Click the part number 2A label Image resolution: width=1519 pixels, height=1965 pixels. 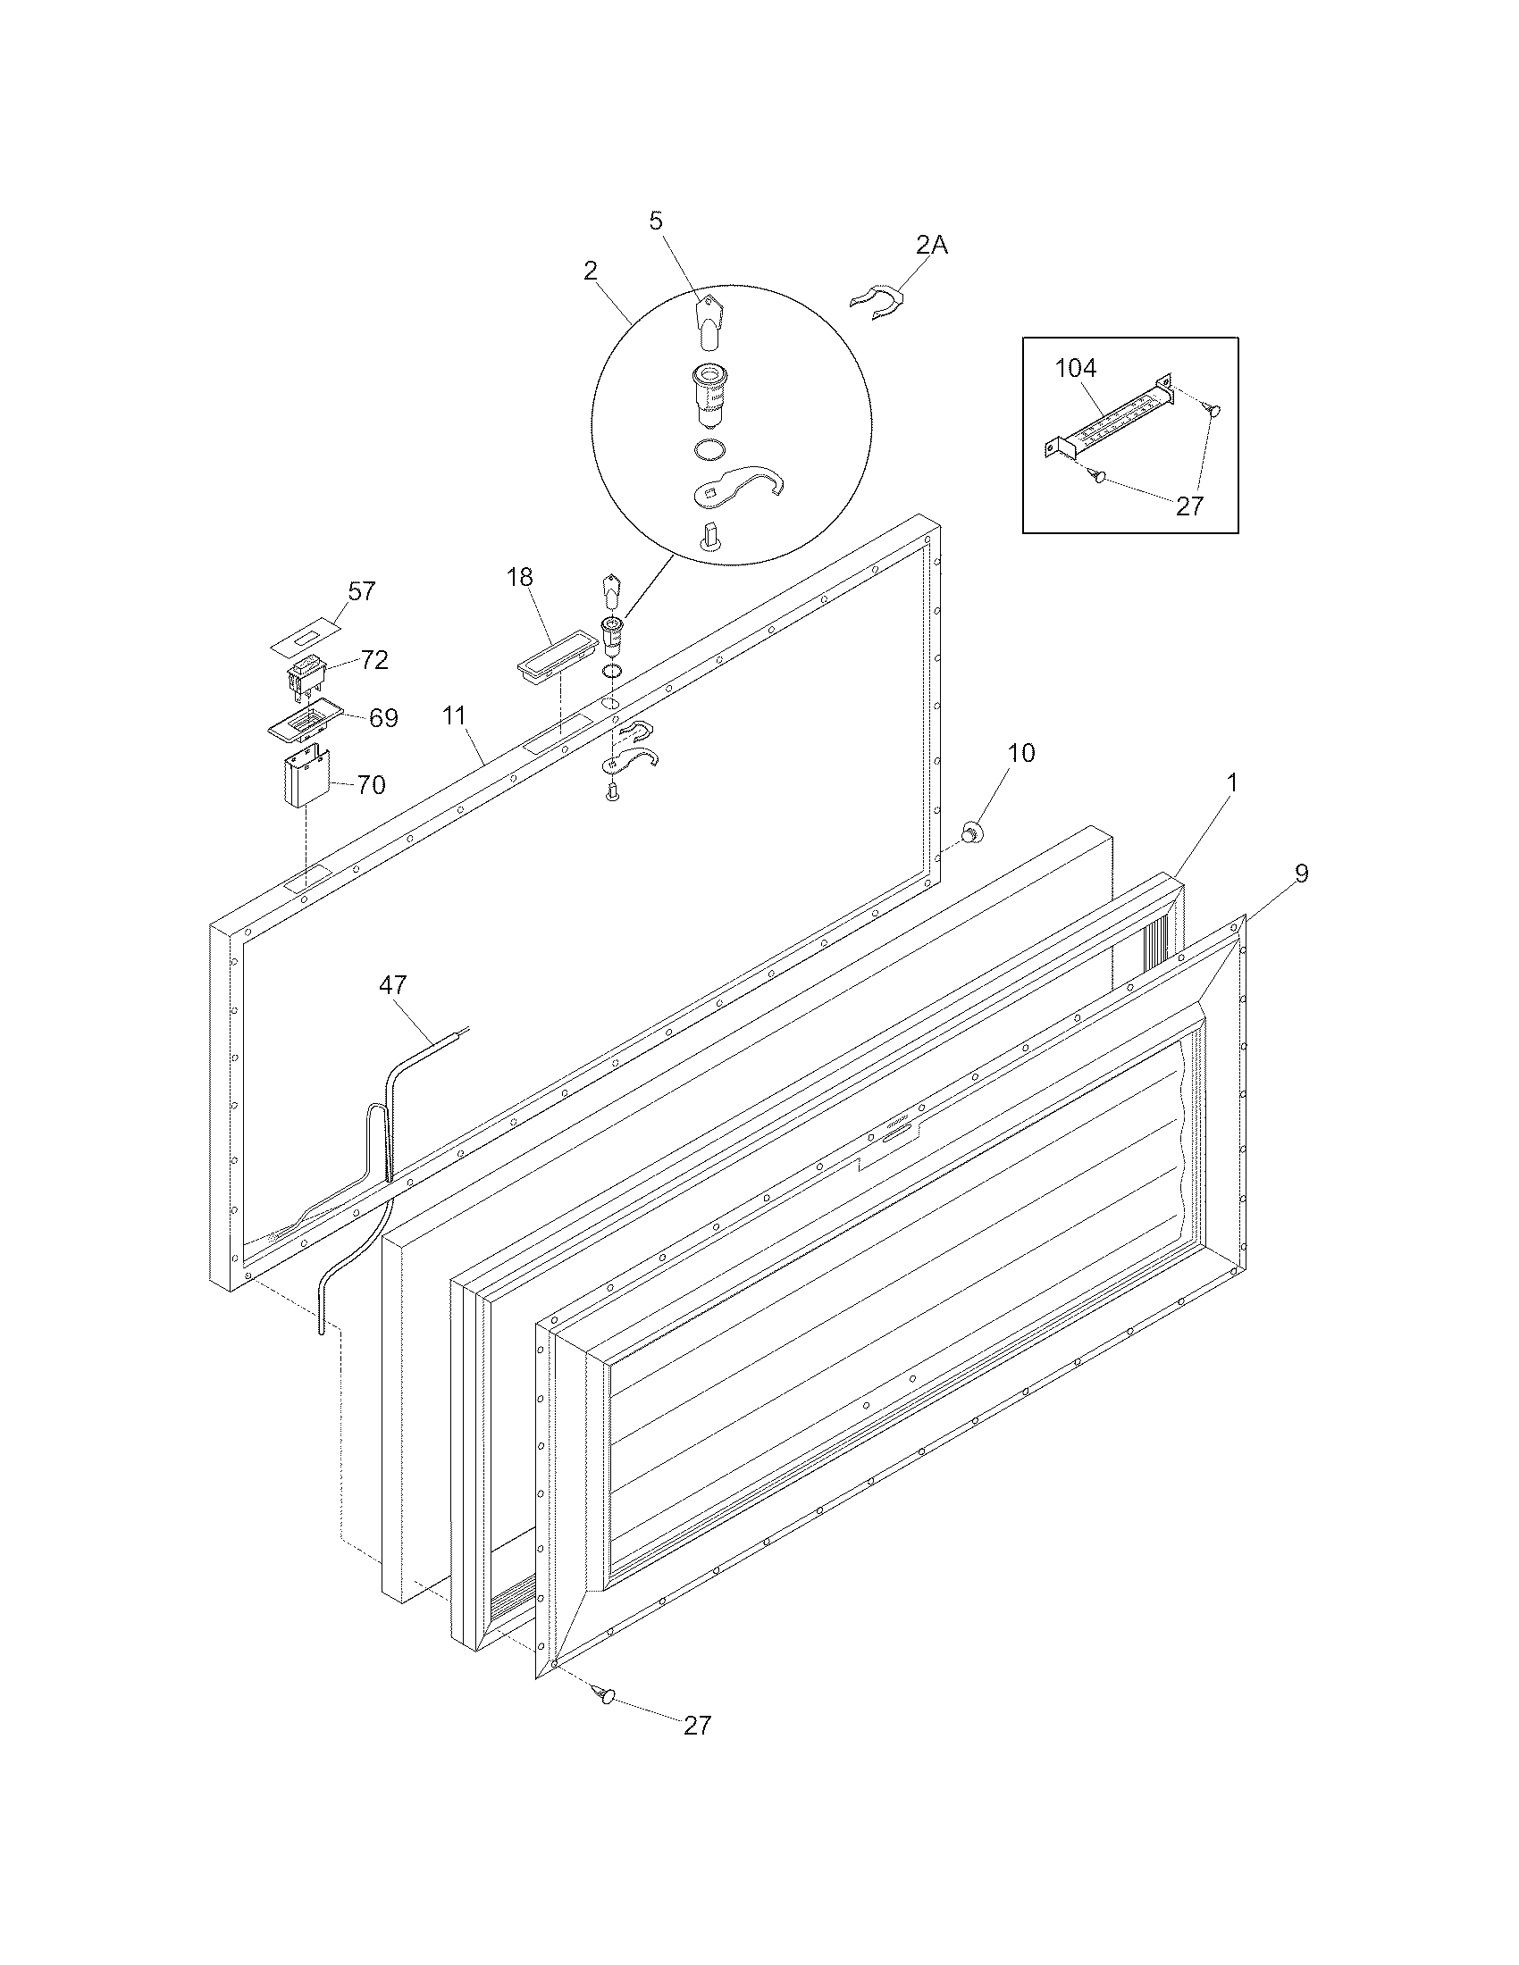pos(931,245)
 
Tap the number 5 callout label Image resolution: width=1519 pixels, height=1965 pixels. pos(656,221)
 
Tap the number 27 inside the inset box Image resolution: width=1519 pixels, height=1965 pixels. pos(1189,506)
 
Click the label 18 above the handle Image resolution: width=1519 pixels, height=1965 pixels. pos(520,577)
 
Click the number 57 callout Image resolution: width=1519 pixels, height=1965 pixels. pos(362,591)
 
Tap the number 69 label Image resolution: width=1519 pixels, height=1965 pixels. pos(383,718)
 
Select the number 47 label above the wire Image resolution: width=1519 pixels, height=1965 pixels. pos(392,985)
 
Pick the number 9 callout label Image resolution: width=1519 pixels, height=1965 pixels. pos(1301,873)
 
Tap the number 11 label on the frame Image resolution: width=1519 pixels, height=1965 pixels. pos(455,716)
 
